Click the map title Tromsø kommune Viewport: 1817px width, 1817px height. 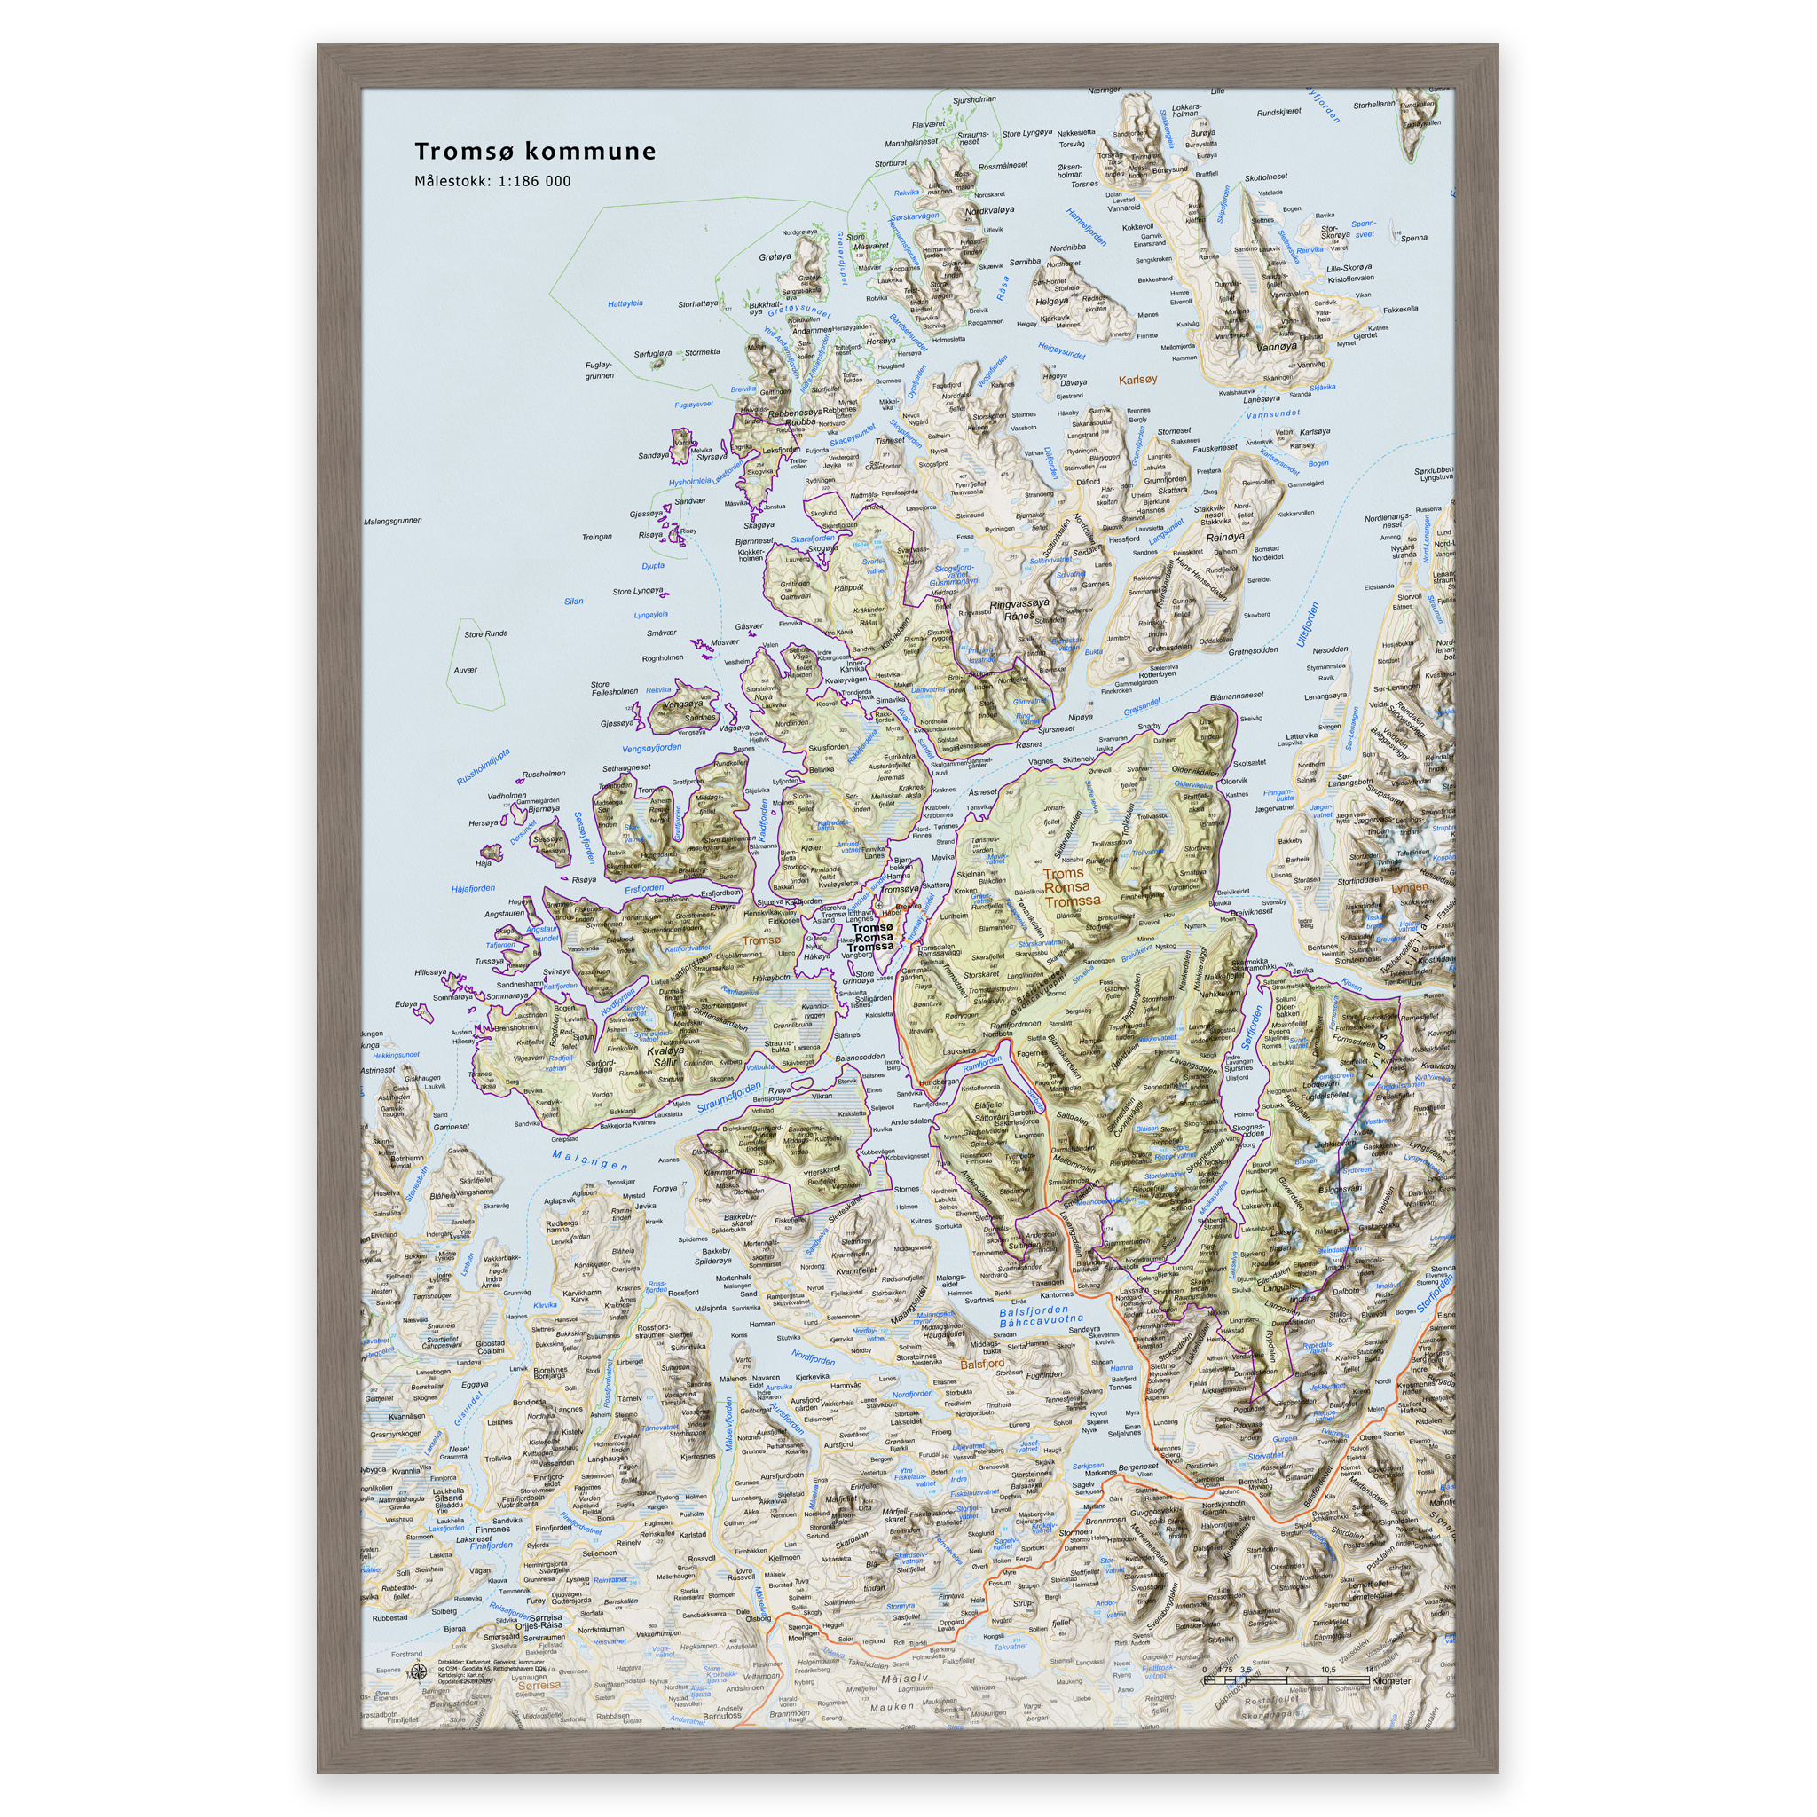point(535,152)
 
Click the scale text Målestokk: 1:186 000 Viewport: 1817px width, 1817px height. point(492,182)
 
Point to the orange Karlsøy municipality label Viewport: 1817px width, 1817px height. point(1137,380)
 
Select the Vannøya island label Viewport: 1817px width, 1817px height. point(1276,346)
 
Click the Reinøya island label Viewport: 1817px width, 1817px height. point(1224,537)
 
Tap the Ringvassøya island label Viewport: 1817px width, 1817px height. point(1019,605)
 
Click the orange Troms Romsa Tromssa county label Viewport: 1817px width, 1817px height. point(1067,887)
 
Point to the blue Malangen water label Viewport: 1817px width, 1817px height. point(590,1160)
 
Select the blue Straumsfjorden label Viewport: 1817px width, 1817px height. point(730,1098)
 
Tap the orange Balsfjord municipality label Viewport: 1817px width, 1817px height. point(982,1363)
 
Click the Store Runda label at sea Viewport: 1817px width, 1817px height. point(485,633)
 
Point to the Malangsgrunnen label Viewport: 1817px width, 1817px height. point(392,520)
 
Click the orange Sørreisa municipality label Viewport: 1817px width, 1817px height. point(539,1685)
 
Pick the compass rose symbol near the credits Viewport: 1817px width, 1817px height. point(419,1671)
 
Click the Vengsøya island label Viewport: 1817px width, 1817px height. point(683,704)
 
